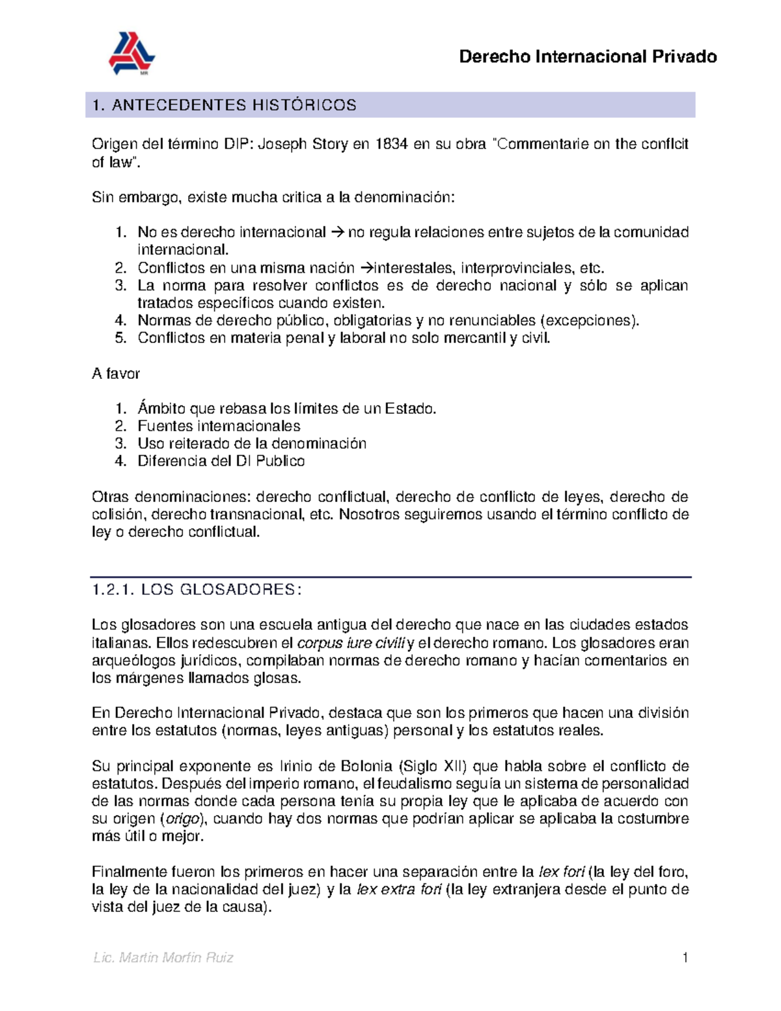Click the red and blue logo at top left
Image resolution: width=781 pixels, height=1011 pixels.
[x=131, y=53]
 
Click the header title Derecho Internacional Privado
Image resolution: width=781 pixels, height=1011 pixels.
[x=588, y=57]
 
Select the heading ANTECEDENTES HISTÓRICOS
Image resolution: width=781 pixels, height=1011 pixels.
[x=234, y=105]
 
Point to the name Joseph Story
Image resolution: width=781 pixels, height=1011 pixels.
[x=303, y=144]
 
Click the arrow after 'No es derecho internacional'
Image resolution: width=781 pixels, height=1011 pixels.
[x=336, y=232]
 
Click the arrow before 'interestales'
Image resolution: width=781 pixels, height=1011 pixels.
[x=364, y=268]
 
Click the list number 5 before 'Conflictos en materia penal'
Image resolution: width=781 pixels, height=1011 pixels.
[x=120, y=338]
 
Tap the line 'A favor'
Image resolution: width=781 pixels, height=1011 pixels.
[x=116, y=374]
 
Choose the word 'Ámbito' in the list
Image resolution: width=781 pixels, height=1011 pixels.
[x=161, y=409]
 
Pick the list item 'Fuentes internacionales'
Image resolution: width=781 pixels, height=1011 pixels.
[x=219, y=426]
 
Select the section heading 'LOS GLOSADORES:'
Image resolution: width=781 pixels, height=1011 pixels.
[x=221, y=590]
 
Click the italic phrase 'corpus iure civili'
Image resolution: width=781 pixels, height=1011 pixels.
[x=351, y=643]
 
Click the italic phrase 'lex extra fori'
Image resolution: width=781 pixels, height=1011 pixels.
[x=400, y=889]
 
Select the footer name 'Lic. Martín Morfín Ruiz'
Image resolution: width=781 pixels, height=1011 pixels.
[x=163, y=958]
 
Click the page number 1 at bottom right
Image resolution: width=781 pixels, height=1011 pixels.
[x=685, y=958]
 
